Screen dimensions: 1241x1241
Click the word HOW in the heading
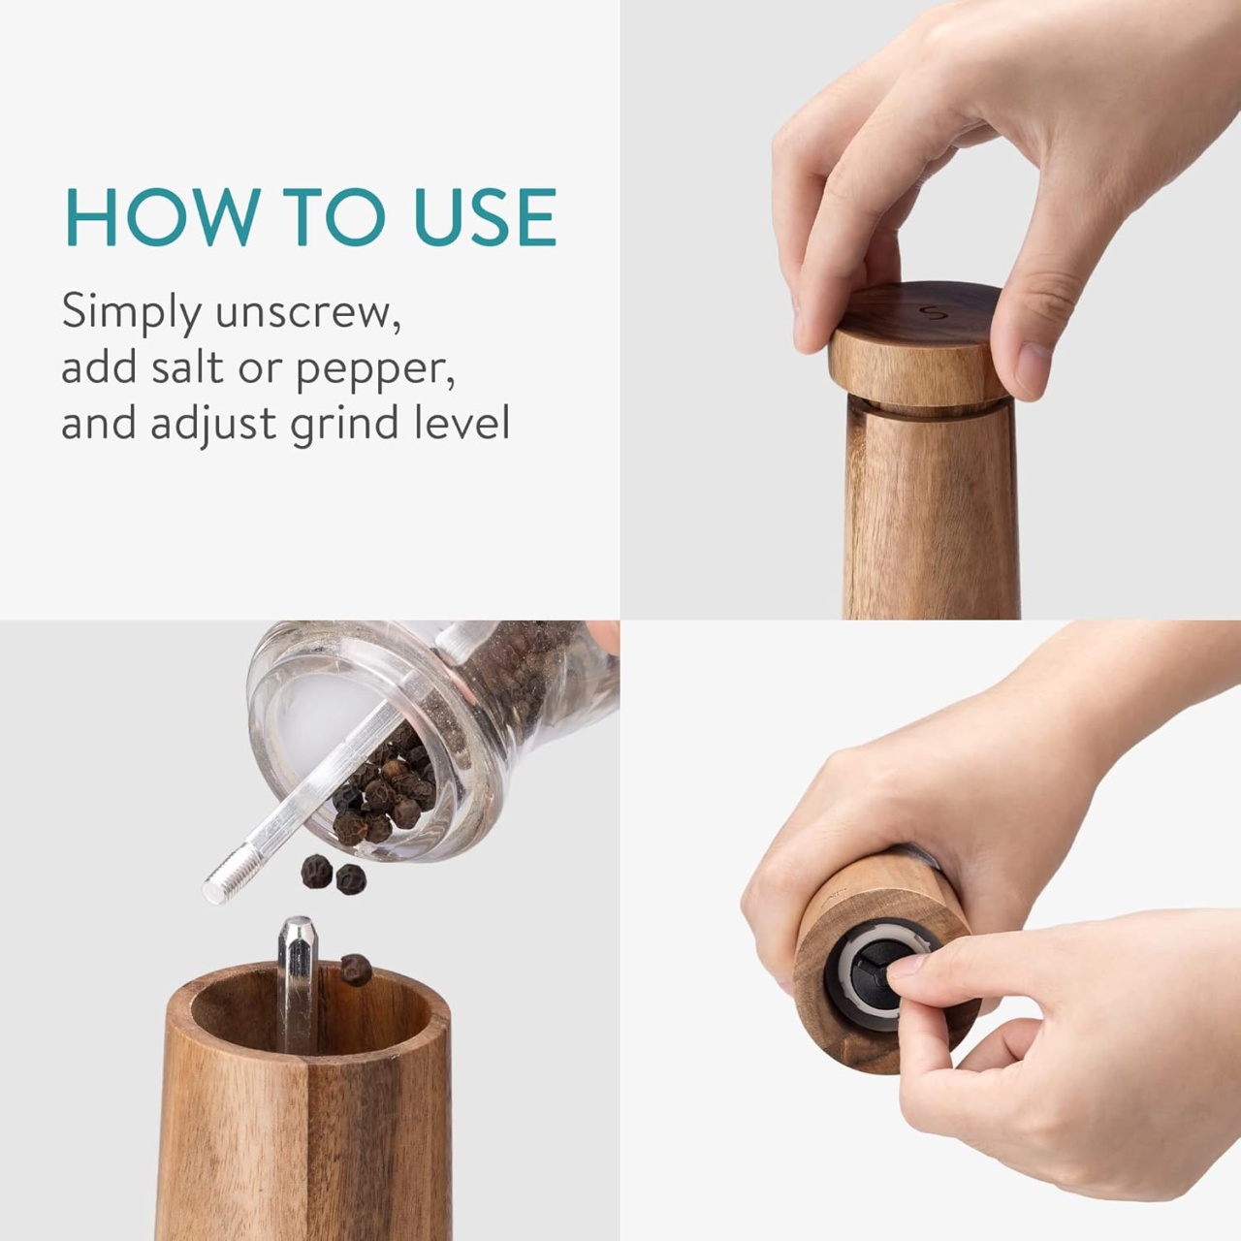click(163, 217)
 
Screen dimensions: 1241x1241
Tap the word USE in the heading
click(486, 217)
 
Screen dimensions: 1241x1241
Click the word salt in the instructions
click(188, 367)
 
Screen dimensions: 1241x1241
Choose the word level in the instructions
click(461, 423)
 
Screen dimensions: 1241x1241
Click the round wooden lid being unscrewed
click(916, 344)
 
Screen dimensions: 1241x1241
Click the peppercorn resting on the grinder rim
click(356, 970)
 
